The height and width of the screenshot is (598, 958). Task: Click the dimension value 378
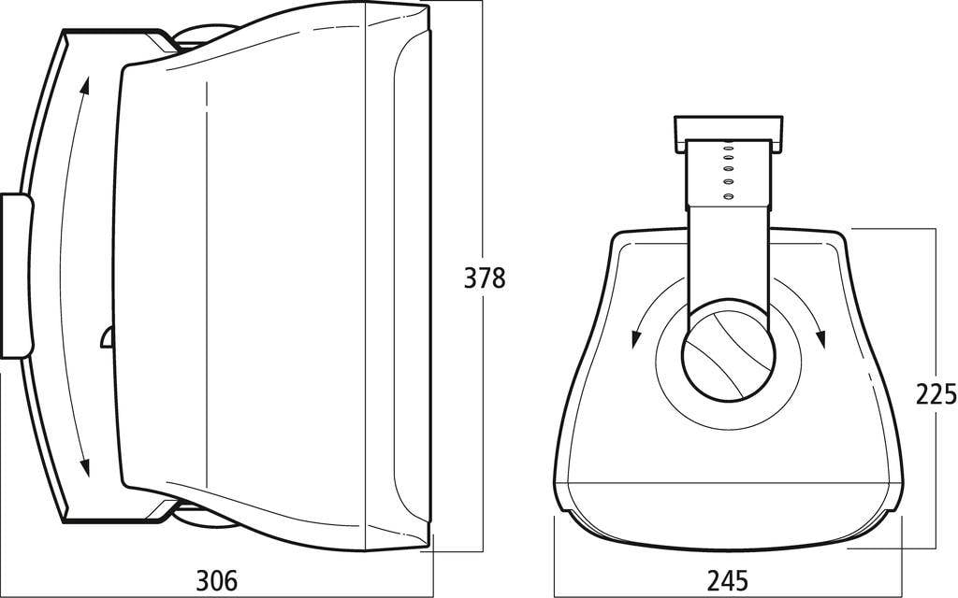point(485,278)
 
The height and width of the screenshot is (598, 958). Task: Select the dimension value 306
point(216,580)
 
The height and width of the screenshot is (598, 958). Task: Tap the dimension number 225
point(936,393)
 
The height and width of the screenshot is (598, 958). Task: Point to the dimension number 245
point(727,580)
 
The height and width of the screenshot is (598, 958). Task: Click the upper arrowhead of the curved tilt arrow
point(85,87)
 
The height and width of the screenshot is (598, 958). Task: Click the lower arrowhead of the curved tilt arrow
point(85,466)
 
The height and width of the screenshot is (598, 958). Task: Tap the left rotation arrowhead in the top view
point(635,337)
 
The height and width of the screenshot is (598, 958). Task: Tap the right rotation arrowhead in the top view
point(821,337)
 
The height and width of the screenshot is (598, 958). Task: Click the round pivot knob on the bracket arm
point(728,355)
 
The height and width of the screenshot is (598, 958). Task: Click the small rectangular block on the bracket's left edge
point(16,276)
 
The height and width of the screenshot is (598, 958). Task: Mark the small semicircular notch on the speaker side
point(106,338)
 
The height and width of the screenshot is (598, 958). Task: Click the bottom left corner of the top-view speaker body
point(559,510)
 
